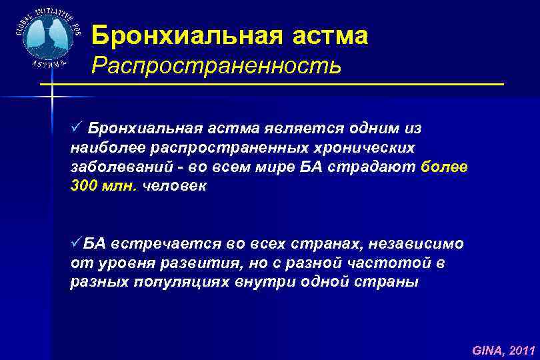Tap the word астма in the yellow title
point(330,35)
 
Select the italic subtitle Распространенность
point(217,66)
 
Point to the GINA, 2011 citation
point(503,349)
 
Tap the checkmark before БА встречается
point(76,243)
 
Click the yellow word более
point(445,167)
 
